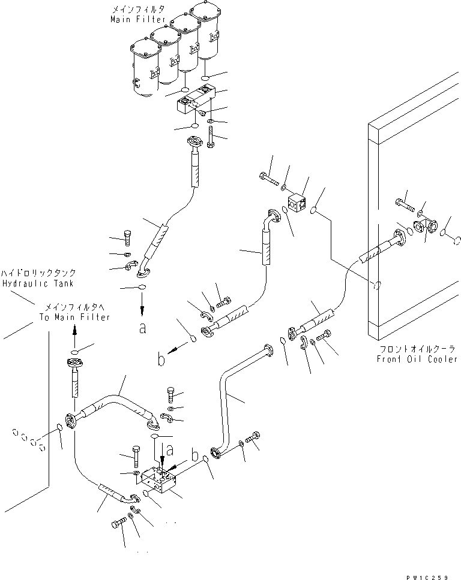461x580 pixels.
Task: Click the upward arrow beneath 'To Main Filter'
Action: click(74, 332)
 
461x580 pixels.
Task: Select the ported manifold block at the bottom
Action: click(160, 479)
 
